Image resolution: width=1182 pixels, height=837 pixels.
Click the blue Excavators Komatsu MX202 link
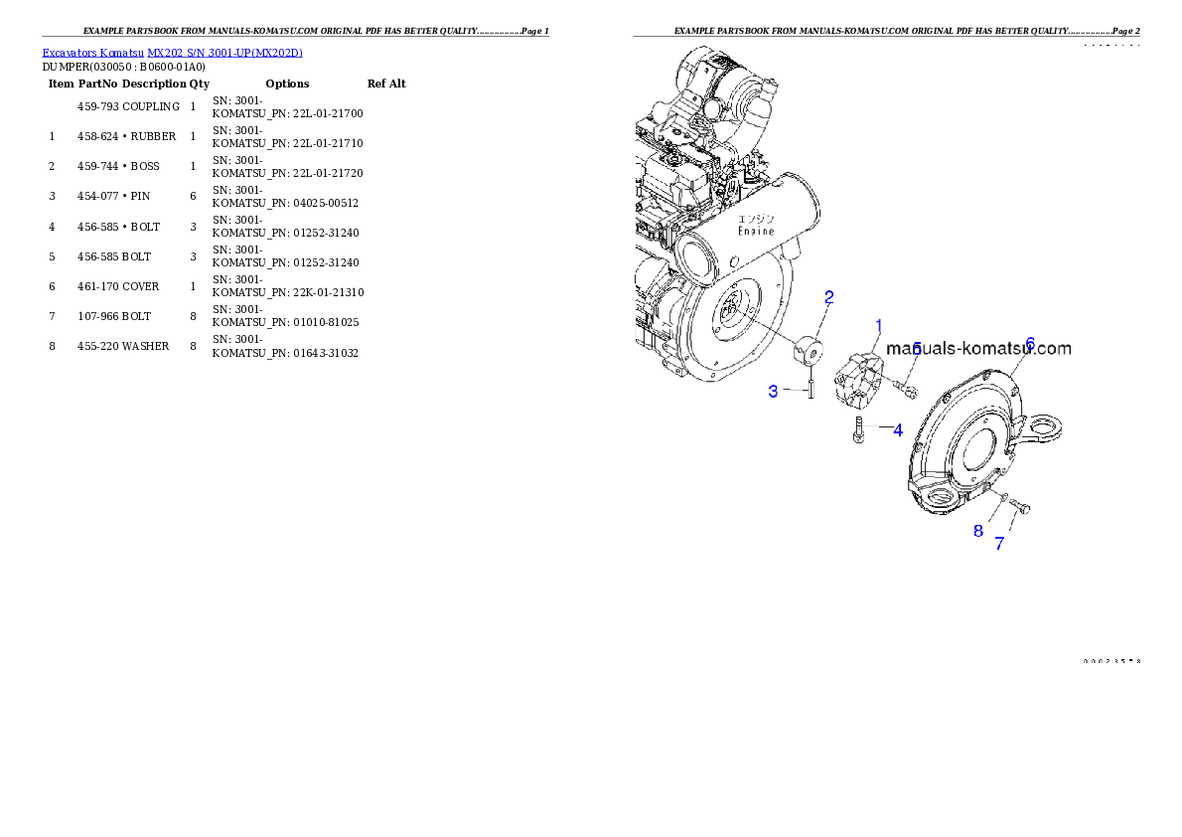172,53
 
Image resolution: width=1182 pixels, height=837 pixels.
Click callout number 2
828,297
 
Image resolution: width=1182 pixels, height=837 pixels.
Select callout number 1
879,325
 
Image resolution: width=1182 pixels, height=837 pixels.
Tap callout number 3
773,392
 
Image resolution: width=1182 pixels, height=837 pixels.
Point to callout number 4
897,430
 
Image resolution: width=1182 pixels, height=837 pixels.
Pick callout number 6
1030,343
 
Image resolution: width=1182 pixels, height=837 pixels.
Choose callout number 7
999,544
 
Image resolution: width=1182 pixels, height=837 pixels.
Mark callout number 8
978,531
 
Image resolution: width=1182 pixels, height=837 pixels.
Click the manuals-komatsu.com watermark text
978,349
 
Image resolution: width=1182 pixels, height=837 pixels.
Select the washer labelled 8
1004,497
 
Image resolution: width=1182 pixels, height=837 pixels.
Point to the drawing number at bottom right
1110,660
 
